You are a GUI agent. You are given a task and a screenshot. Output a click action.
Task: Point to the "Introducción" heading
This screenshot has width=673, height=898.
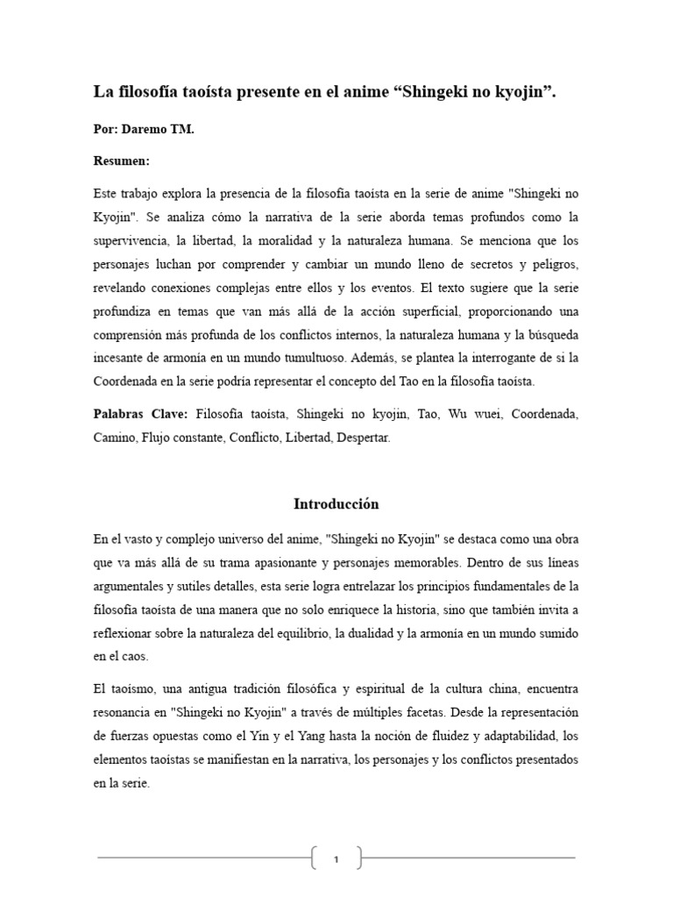[336, 504]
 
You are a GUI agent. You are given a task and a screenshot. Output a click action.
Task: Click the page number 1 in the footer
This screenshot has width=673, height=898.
[336, 859]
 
